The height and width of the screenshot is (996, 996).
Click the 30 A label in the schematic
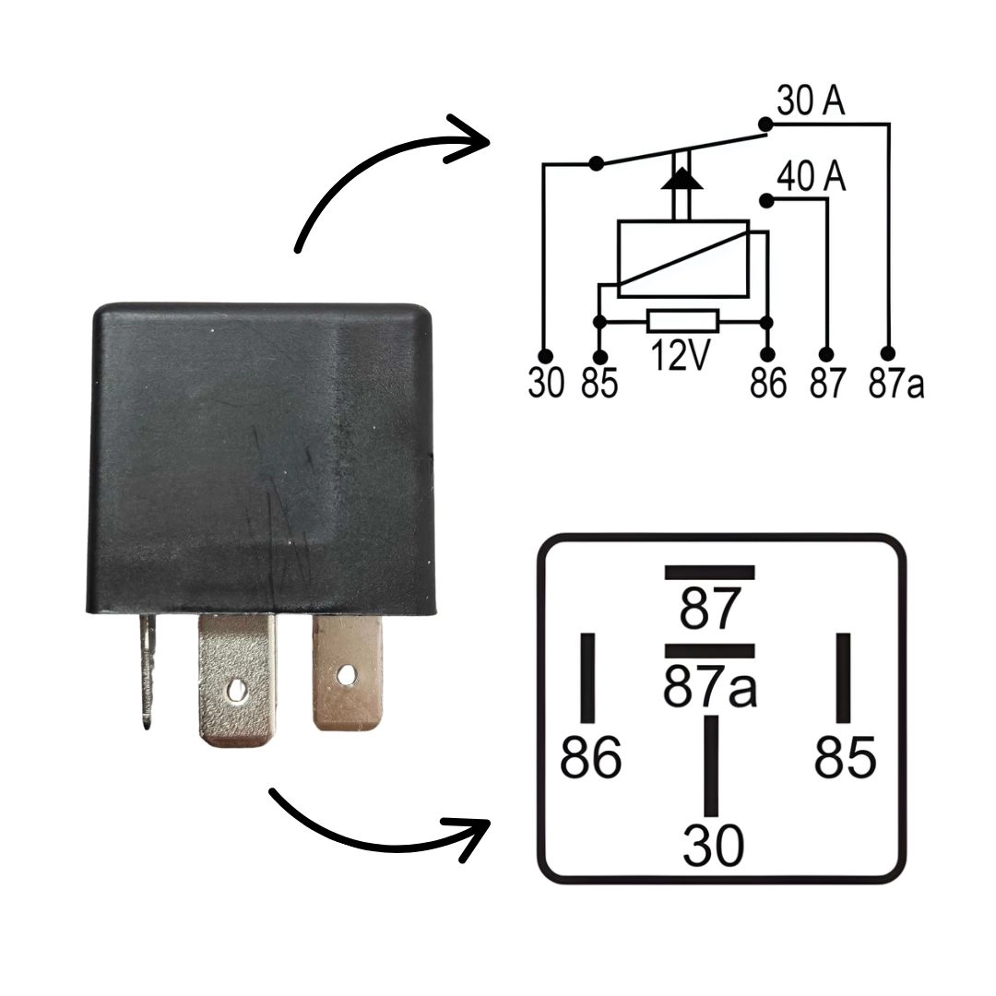tap(811, 101)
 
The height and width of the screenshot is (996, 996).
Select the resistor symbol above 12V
tap(682, 322)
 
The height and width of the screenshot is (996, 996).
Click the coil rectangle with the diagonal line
tap(682, 258)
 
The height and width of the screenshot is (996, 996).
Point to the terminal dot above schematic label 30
tap(545, 355)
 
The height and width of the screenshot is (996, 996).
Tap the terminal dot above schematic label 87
tap(826, 354)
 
